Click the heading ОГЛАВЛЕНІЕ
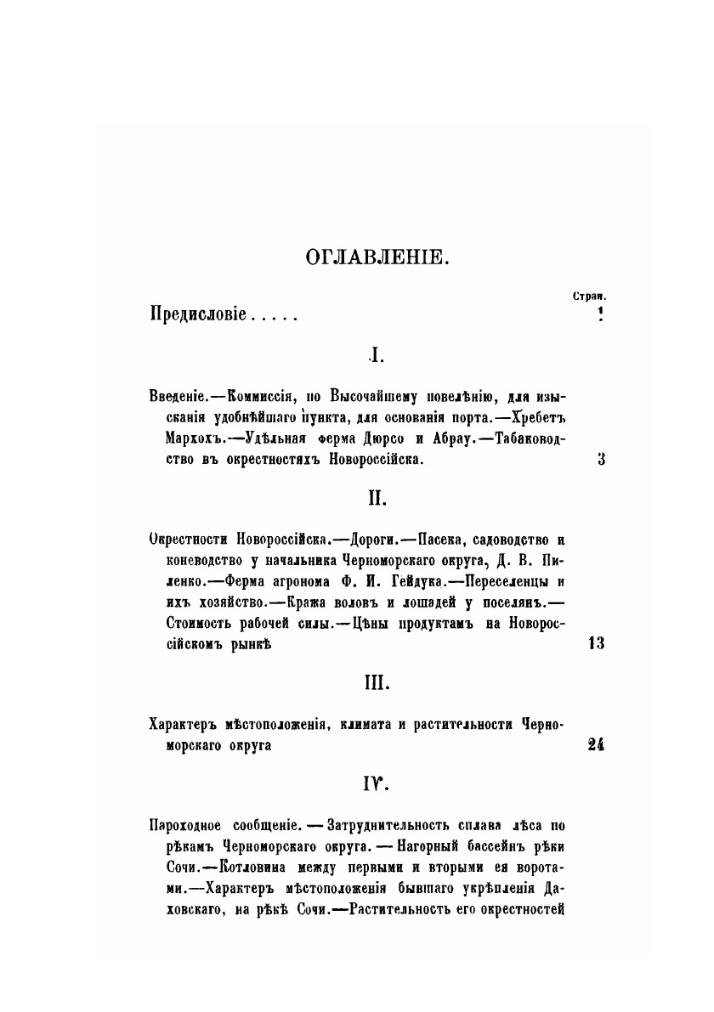(x=375, y=255)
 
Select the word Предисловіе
(x=197, y=315)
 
